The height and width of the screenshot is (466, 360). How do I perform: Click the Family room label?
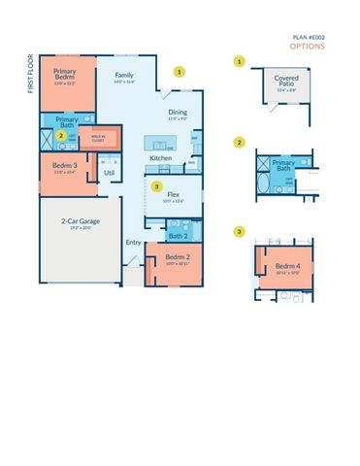(124, 76)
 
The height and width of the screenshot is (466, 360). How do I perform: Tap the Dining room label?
(178, 113)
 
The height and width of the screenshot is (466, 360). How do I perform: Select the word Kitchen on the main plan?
(160, 157)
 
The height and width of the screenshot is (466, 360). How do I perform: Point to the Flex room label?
(175, 194)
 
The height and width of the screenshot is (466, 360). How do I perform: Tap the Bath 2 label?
(178, 236)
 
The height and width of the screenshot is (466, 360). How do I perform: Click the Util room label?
(109, 174)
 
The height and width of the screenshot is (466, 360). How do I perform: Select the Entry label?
(132, 244)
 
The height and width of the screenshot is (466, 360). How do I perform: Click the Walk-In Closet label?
(98, 138)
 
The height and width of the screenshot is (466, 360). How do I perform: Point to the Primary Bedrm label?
(66, 74)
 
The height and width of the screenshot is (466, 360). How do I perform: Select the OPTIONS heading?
(306, 46)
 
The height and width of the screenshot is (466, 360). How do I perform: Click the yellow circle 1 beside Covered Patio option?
(239, 61)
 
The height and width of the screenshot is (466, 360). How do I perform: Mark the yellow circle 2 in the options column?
(239, 143)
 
